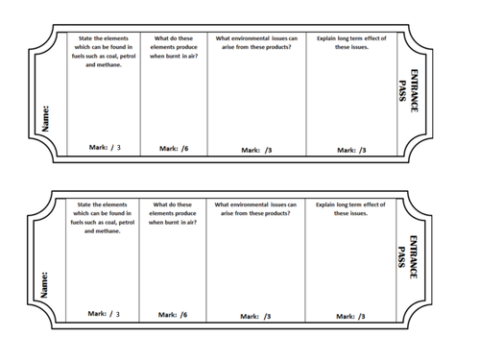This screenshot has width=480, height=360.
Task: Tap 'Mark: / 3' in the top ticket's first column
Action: pyautogui.click(x=104, y=148)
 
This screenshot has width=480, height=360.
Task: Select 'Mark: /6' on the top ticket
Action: pyautogui.click(x=172, y=149)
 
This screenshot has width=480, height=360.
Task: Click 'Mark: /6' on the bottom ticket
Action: pyautogui.click(x=172, y=314)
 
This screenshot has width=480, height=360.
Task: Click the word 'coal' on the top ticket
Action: pyautogui.click(x=120, y=57)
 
